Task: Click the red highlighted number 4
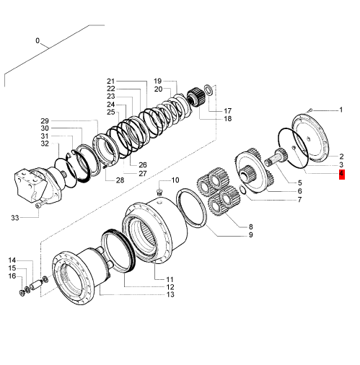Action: pos(342,175)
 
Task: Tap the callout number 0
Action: pos(38,40)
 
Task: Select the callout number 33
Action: pos(15,218)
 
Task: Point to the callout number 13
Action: pos(170,294)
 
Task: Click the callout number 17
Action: pos(227,111)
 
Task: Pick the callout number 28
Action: pos(120,180)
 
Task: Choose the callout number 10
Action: pos(175,180)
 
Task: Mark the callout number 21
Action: pos(111,81)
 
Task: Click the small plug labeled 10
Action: pos(159,192)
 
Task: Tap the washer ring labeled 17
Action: pos(208,89)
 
